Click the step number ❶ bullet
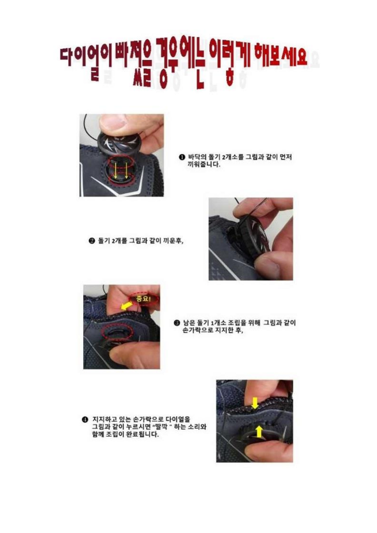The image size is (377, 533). pos(182,157)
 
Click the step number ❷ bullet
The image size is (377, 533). pos(91,241)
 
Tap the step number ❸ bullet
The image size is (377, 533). pos(176,323)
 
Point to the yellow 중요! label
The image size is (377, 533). pos(143,298)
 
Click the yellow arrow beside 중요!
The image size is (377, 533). pos(127,306)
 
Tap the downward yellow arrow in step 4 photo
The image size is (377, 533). pos(255,403)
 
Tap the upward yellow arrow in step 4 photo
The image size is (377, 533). pos(259,431)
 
